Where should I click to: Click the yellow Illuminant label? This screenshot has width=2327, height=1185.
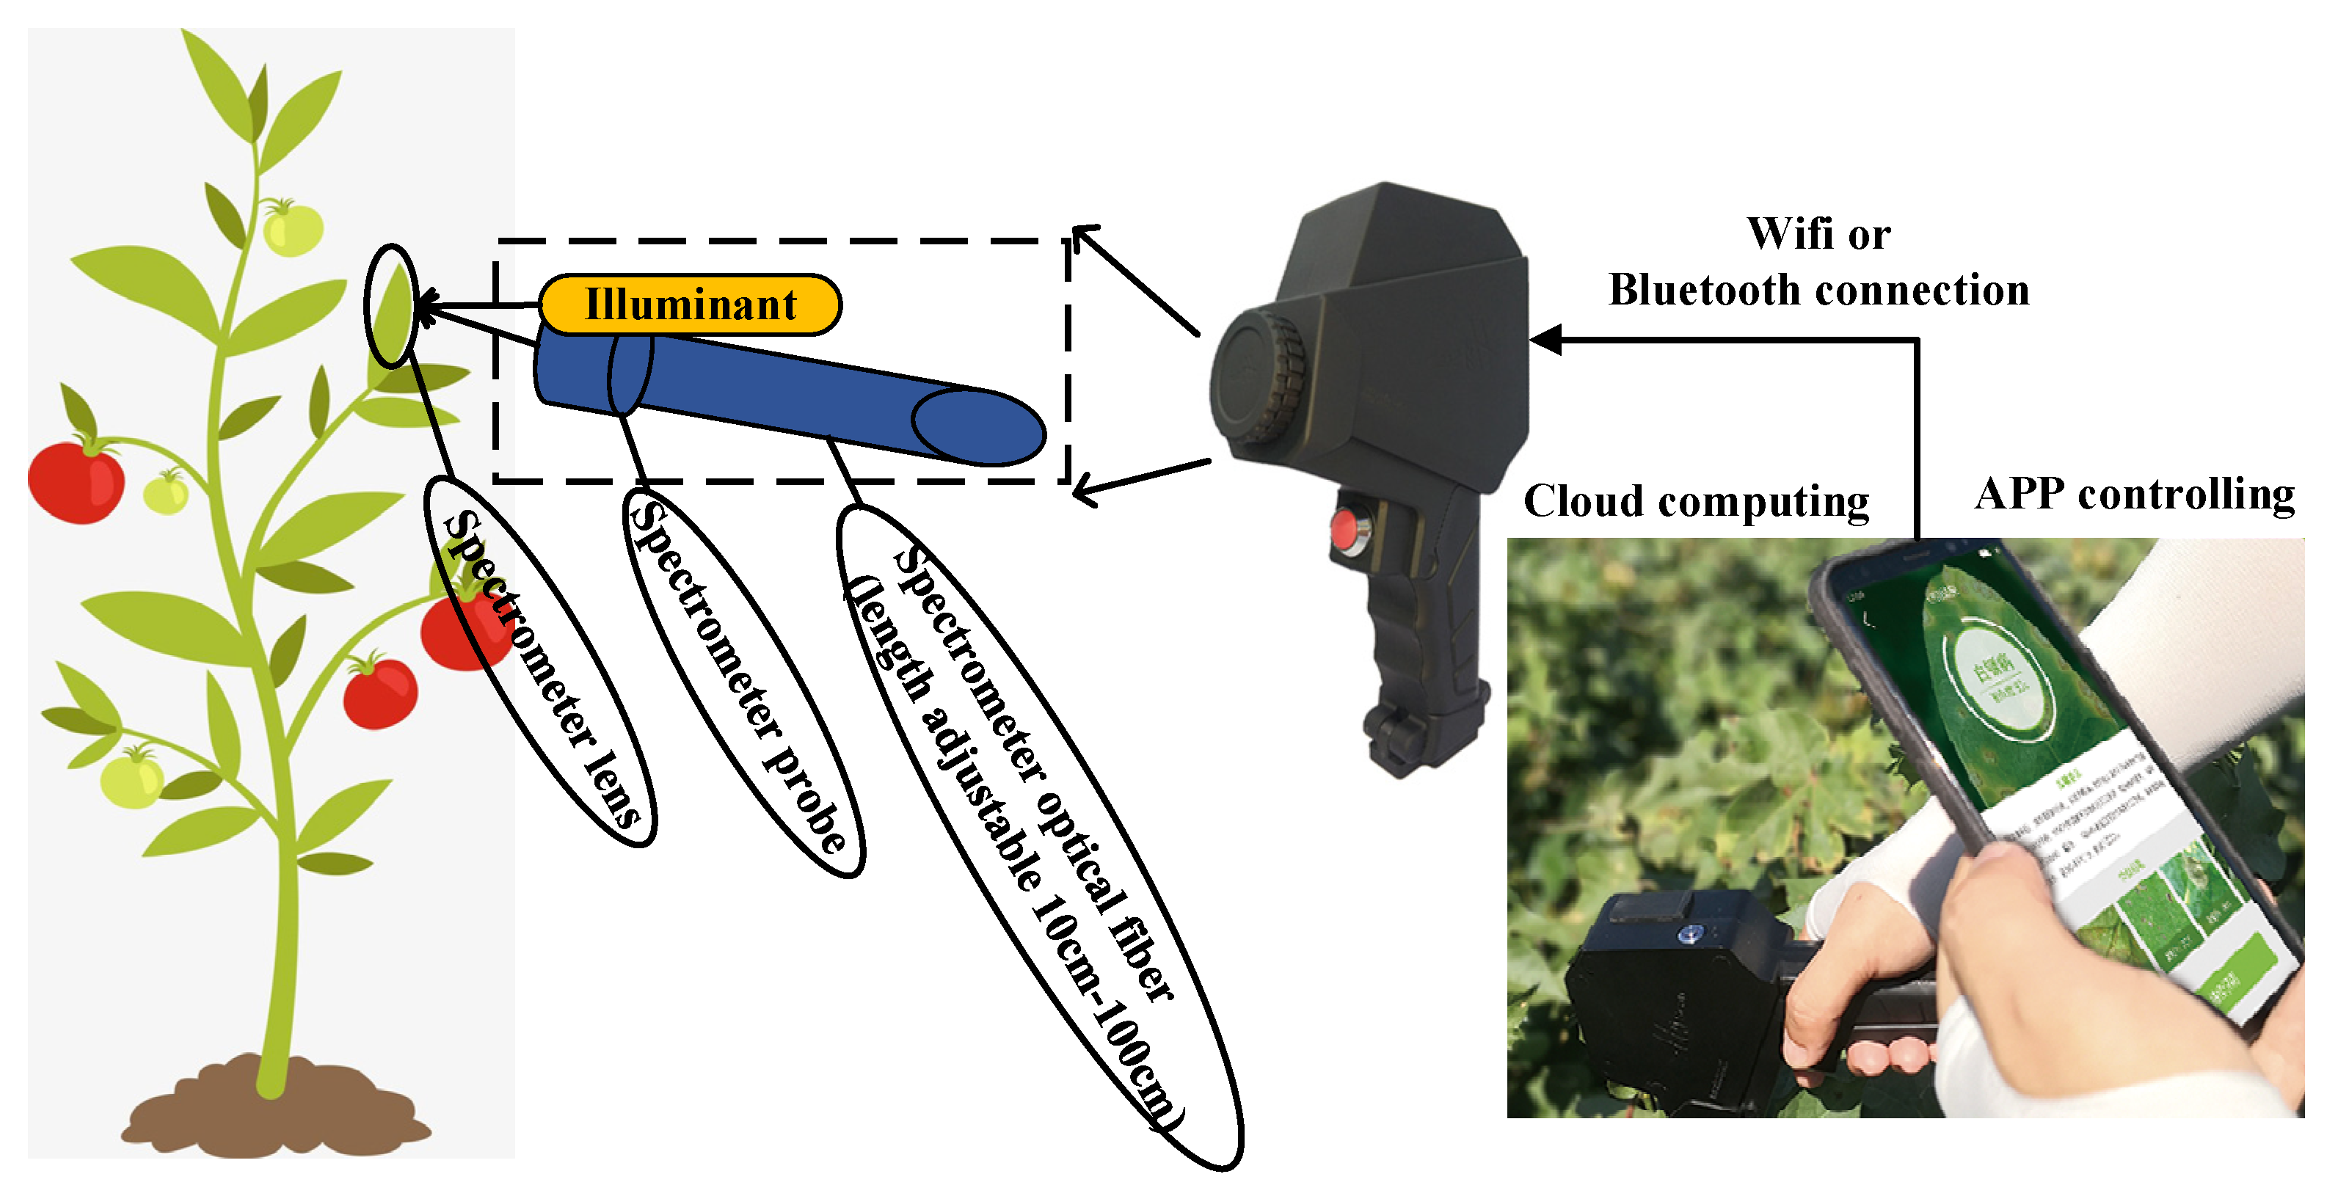691,305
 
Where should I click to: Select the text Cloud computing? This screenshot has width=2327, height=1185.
1696,501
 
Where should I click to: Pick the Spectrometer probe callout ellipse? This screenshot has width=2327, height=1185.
743,682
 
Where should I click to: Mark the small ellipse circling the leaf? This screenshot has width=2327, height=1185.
391,306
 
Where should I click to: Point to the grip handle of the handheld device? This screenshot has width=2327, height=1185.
1423,650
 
